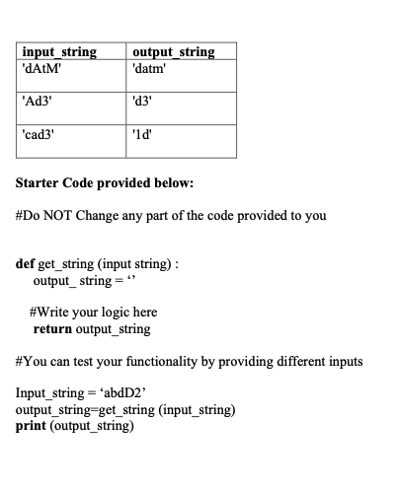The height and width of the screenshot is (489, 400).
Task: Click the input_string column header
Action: tap(59, 52)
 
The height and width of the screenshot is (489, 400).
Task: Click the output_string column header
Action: tap(172, 52)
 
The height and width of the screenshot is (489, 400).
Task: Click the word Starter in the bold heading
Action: tap(41, 184)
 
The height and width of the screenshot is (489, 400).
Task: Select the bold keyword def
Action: tap(28, 265)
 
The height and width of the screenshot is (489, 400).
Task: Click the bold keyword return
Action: tap(56, 328)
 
